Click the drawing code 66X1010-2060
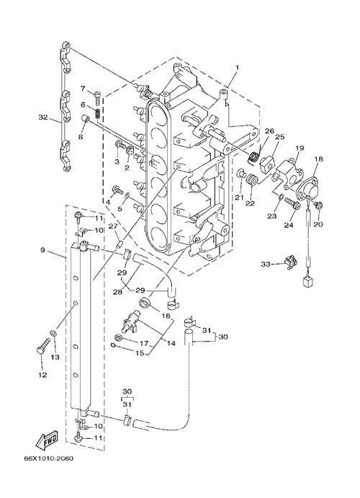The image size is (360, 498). pos(48,458)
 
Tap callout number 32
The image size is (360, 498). pos(43,117)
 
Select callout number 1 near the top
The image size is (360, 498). pos(237,67)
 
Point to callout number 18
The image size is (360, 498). pos(318,159)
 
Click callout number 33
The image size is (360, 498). pos(266,264)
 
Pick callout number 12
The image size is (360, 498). pos(42,375)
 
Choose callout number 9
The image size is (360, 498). pos(42,250)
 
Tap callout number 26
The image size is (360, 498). pos(269,131)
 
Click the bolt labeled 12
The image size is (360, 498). pos(43,347)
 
